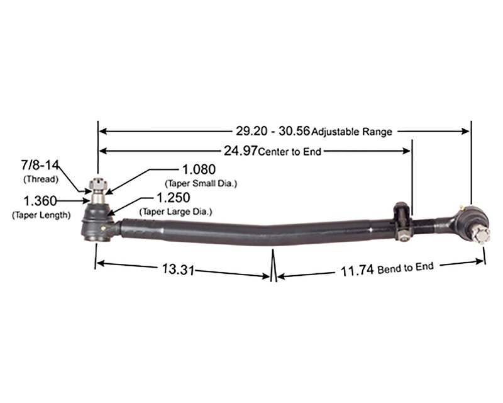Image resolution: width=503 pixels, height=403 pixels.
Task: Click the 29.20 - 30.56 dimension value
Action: (273, 131)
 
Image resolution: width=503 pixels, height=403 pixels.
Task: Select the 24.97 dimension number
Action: (240, 150)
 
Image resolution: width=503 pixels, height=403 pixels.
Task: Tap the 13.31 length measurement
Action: (178, 270)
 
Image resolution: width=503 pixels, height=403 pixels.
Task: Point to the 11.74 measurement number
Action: (357, 271)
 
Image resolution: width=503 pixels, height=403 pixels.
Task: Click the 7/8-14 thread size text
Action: (40, 165)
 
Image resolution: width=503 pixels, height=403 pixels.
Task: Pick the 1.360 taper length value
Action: (40, 201)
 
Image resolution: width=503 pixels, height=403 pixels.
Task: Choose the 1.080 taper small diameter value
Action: (199, 169)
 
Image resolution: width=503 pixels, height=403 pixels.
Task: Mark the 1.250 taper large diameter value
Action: (173, 198)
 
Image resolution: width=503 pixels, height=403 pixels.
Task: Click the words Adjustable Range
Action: (351, 132)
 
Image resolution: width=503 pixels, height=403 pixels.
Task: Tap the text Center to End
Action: (289, 151)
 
